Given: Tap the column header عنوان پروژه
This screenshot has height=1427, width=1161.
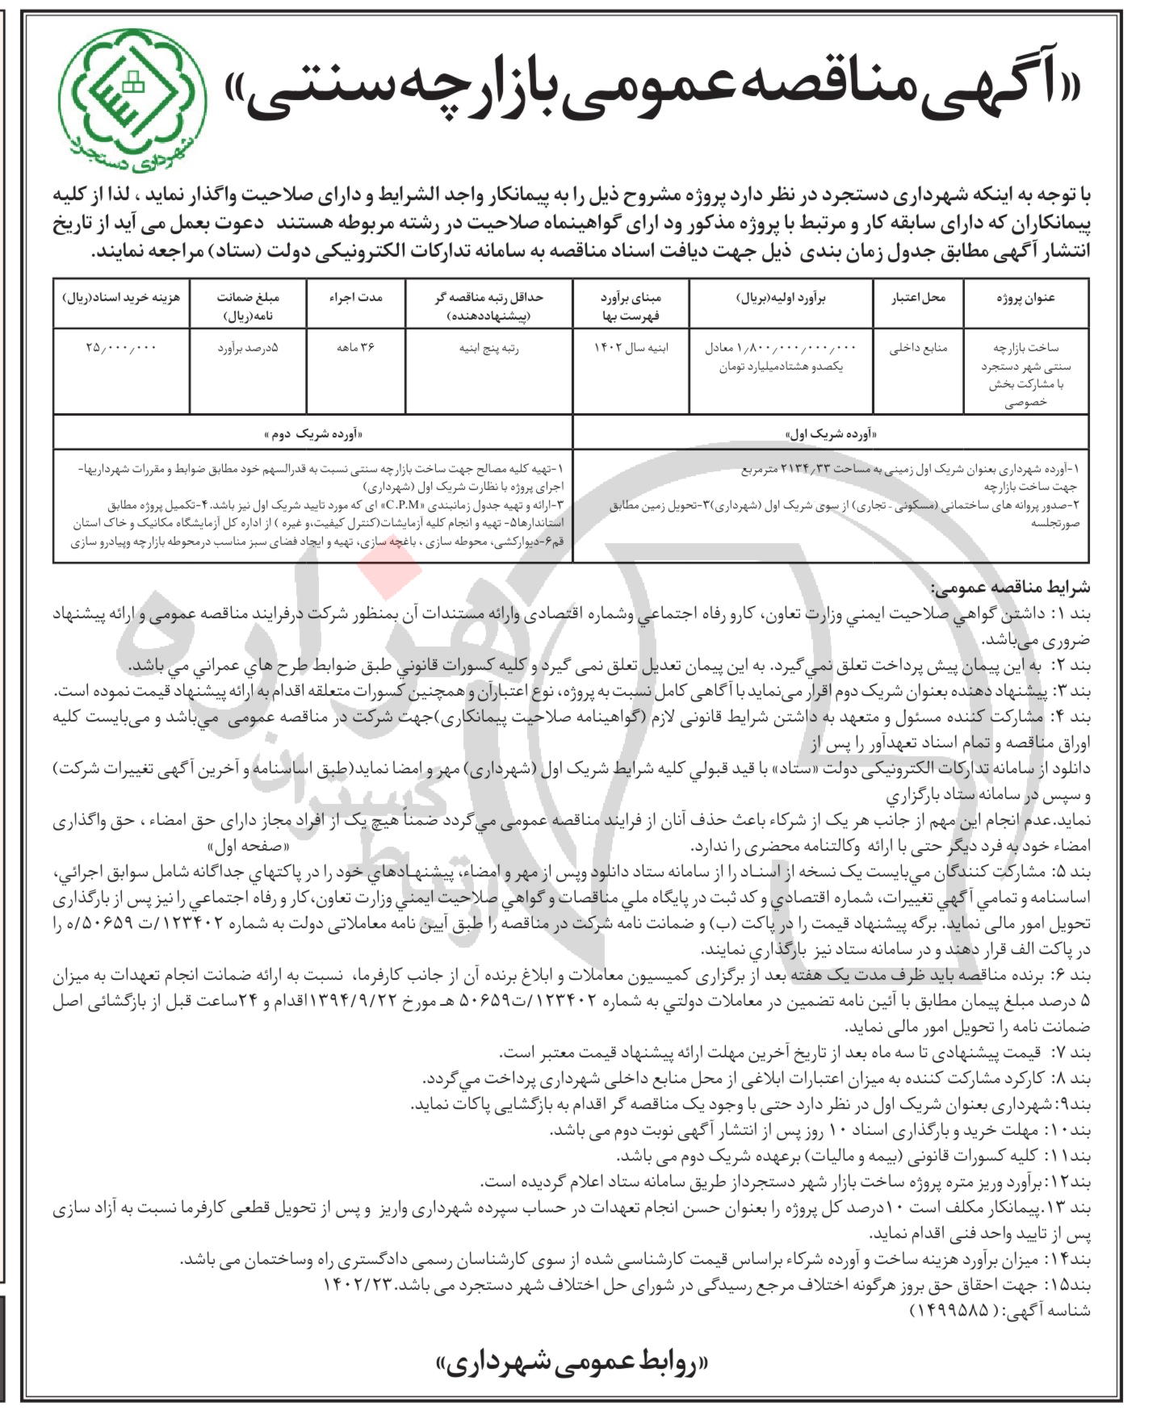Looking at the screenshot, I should pos(1025,298).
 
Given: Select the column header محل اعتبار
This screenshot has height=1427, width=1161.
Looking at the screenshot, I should pos(918,298).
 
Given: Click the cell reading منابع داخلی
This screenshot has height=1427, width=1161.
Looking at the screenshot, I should pos(919,349).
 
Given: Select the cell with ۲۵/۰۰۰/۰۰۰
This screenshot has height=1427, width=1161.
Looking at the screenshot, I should pos(122,348).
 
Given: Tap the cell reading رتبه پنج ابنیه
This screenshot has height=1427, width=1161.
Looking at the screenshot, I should pos(489,349).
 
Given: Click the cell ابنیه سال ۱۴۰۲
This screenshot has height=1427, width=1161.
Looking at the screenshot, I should pos(631,349).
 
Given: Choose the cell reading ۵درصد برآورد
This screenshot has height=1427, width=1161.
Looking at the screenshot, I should pos(248,349).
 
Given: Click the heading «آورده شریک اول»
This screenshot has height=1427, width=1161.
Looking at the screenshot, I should pos(831,434).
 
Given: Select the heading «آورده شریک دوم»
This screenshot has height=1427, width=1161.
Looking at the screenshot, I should pos(312,434).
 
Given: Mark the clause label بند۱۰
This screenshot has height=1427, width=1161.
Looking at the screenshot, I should pos(1068,1131).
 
